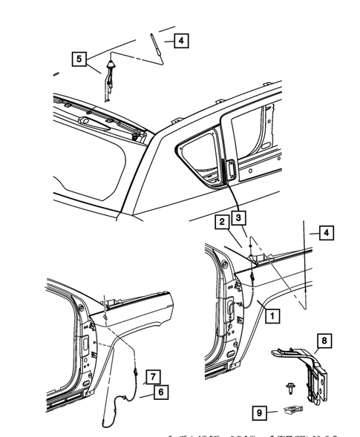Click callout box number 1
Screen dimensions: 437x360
coord(273,316)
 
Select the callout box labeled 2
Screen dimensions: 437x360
coord(221,220)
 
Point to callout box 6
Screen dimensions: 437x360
coord(160,392)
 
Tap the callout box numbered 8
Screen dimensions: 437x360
coord(324,342)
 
